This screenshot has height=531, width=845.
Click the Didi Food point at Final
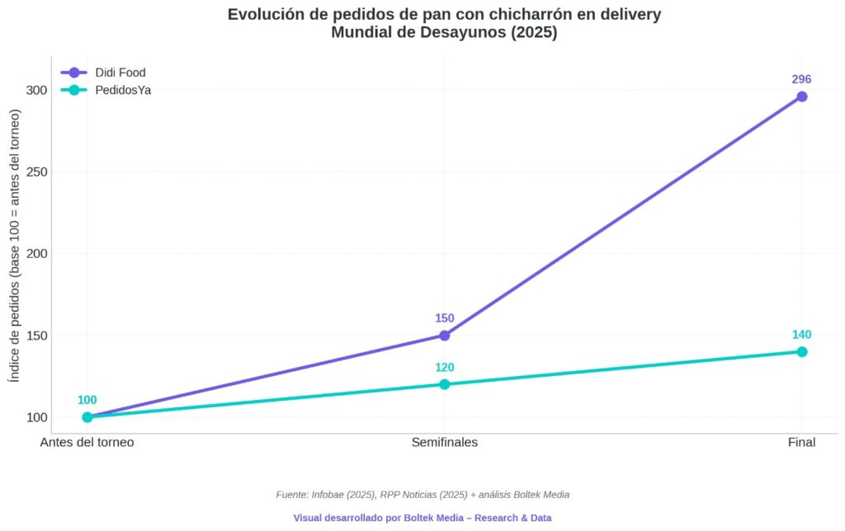[801, 96]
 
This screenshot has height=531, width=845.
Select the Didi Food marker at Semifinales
[444, 336]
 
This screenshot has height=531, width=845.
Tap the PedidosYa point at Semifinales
[444, 384]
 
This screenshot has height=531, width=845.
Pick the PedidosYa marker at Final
[801, 352]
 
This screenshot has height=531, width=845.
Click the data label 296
[801, 80]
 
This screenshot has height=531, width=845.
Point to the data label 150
[444, 318]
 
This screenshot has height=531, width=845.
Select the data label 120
[444, 368]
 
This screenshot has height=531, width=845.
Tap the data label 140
[801, 335]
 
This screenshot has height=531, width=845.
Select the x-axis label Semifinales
[444, 443]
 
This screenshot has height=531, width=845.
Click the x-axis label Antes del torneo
[87, 443]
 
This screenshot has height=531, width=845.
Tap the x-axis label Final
[801, 443]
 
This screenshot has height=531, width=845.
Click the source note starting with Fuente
[422, 495]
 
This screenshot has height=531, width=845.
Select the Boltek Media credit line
[422, 518]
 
